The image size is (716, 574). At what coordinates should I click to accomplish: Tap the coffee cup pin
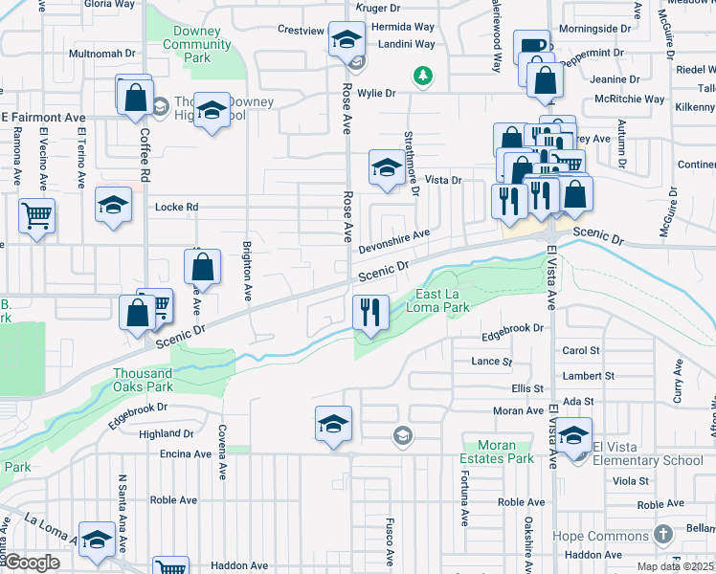(x=532, y=47)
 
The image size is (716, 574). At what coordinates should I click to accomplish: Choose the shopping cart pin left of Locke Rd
(x=36, y=216)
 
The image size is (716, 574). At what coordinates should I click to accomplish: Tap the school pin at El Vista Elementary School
(x=573, y=434)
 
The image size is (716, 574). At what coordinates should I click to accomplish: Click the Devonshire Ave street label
(x=393, y=241)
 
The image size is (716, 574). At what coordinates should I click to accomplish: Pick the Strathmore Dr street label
(x=412, y=163)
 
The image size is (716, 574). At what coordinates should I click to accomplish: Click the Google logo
(x=32, y=563)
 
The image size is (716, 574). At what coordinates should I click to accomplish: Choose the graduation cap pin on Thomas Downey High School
(x=211, y=111)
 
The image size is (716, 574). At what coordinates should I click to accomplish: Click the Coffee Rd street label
(x=145, y=156)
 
